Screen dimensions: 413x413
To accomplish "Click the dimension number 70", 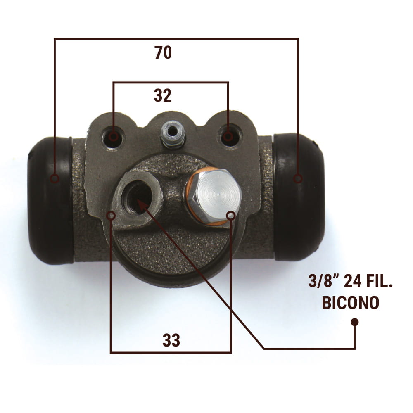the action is tap(163, 52).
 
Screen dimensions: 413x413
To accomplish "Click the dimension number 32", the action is tap(162, 95).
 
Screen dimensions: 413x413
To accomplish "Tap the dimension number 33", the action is tap(171, 340).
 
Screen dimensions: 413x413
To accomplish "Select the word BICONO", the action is tap(350, 303).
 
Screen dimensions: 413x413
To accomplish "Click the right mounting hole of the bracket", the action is tap(228, 136).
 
